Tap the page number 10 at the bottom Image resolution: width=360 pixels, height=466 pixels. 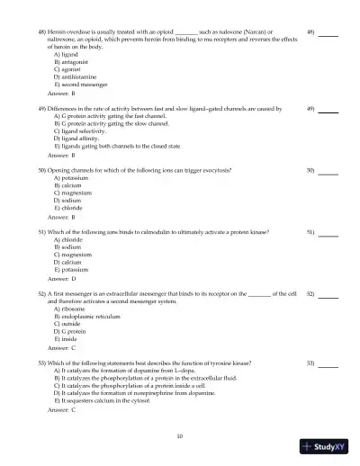pyautogui.click(x=180, y=436)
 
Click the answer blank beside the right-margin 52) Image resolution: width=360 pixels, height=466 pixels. pyautogui.click(x=328, y=293)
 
